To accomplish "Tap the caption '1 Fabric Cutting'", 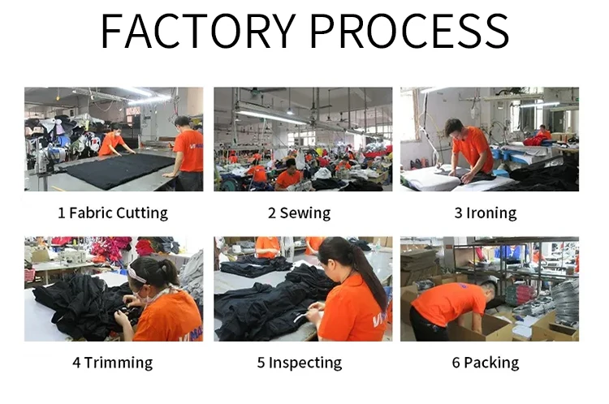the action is (113, 213).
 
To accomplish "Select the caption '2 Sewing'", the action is (299, 213).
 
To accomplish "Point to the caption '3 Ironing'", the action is (485, 213).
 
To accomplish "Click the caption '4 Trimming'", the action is (112, 362).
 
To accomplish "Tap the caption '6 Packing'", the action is (485, 362).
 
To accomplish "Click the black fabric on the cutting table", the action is (118, 169).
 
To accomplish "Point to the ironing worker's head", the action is (454, 127).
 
